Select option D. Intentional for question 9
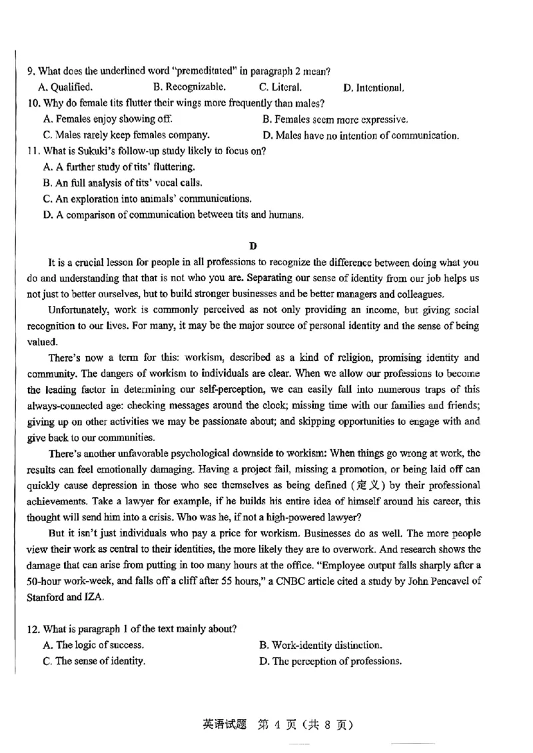[373, 87]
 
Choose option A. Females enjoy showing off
[107, 119]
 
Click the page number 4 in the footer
[271, 725]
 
